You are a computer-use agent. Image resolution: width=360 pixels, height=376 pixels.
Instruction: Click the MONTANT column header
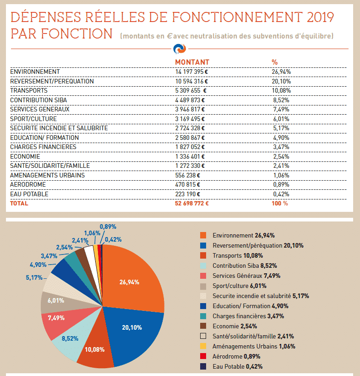[x=192, y=62]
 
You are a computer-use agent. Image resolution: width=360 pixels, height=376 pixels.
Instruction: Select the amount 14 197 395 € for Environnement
[x=191, y=72]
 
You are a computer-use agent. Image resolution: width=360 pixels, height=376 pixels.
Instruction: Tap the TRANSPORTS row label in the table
[x=29, y=90]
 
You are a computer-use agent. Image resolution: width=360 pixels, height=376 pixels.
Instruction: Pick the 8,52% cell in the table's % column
[x=281, y=100]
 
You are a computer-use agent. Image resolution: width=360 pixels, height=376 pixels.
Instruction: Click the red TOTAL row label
[x=19, y=203]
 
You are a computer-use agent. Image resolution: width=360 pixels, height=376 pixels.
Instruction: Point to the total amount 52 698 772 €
[x=192, y=203]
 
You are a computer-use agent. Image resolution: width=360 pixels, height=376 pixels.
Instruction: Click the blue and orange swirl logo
[x=180, y=49]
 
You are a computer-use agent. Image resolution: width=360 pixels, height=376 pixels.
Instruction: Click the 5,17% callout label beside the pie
[x=34, y=277]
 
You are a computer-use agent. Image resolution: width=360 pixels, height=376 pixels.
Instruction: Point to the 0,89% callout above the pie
[x=108, y=227]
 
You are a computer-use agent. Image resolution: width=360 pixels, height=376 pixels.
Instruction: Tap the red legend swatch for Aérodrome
[x=203, y=356]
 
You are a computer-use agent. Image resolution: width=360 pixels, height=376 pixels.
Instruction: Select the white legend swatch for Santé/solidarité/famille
[x=203, y=336]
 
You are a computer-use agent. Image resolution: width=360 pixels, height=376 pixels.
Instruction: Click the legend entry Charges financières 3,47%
[x=248, y=316]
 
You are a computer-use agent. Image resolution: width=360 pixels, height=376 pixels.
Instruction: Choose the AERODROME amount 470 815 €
[x=187, y=184]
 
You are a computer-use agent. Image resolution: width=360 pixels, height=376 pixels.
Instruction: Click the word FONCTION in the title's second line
[x=76, y=33]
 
